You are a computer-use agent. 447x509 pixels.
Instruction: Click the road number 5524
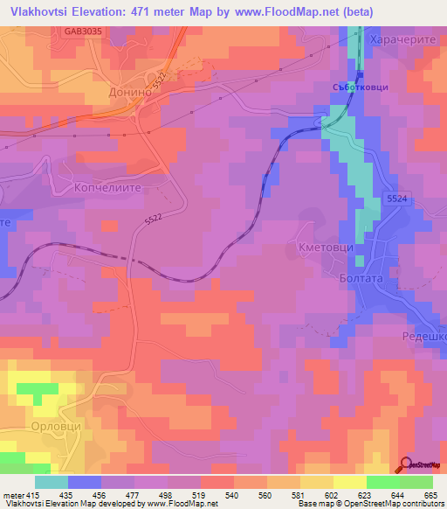[x=396, y=200]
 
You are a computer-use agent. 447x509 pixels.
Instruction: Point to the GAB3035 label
[x=83, y=31]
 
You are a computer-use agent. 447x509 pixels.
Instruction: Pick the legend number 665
[x=430, y=495]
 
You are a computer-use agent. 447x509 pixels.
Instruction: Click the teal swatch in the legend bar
[x=52, y=482]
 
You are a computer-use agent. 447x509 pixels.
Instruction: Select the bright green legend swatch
[x=382, y=482]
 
